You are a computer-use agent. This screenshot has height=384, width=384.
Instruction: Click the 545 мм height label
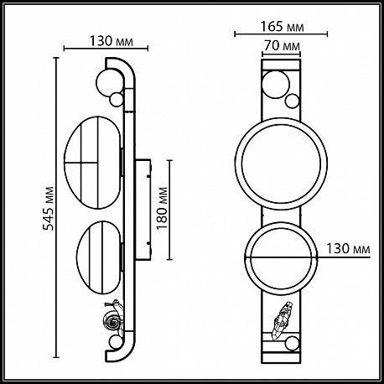click(x=48, y=208)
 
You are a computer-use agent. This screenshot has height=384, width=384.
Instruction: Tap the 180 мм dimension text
click(x=162, y=208)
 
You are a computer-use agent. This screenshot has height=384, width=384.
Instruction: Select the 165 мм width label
click(x=282, y=27)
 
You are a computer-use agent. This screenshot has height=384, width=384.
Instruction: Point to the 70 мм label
click(x=282, y=45)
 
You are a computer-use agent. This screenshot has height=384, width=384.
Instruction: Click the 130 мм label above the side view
click(x=111, y=41)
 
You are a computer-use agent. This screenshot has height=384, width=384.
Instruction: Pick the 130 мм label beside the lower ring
click(x=348, y=248)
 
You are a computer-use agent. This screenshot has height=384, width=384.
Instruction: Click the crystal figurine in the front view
click(x=282, y=320)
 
